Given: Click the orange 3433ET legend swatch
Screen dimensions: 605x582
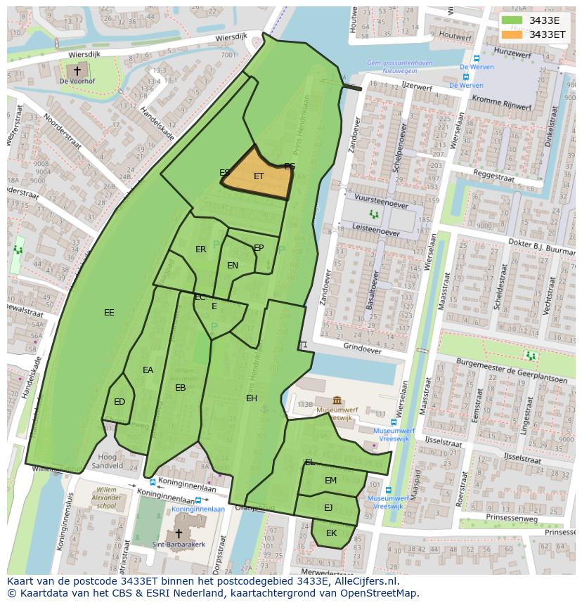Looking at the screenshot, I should point(512,34).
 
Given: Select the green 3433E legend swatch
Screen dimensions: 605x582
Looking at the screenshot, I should point(512,20).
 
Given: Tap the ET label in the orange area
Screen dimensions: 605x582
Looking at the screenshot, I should point(259,176).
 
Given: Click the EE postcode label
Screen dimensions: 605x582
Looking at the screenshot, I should point(109,313).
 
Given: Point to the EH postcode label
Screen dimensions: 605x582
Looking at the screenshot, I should point(252,398).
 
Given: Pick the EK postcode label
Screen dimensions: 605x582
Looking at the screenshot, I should point(331,533).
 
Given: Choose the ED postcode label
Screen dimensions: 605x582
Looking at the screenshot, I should point(119,402).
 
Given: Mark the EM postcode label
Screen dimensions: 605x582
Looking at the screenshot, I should point(330,481).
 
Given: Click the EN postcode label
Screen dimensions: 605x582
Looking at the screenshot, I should point(233,266).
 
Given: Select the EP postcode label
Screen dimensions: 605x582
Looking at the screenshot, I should point(259,248).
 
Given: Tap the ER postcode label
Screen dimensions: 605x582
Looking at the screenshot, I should point(201,249).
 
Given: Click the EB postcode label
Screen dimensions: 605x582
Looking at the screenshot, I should point(181,388).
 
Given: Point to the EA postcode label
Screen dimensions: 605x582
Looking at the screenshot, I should point(148,370).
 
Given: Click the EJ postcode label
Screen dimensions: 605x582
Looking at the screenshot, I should point(328,507).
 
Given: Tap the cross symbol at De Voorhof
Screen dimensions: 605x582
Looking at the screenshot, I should point(77,70).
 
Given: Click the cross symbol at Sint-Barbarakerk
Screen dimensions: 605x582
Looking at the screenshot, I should point(179,533).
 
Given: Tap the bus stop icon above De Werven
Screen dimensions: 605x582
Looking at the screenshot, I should point(476,59).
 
